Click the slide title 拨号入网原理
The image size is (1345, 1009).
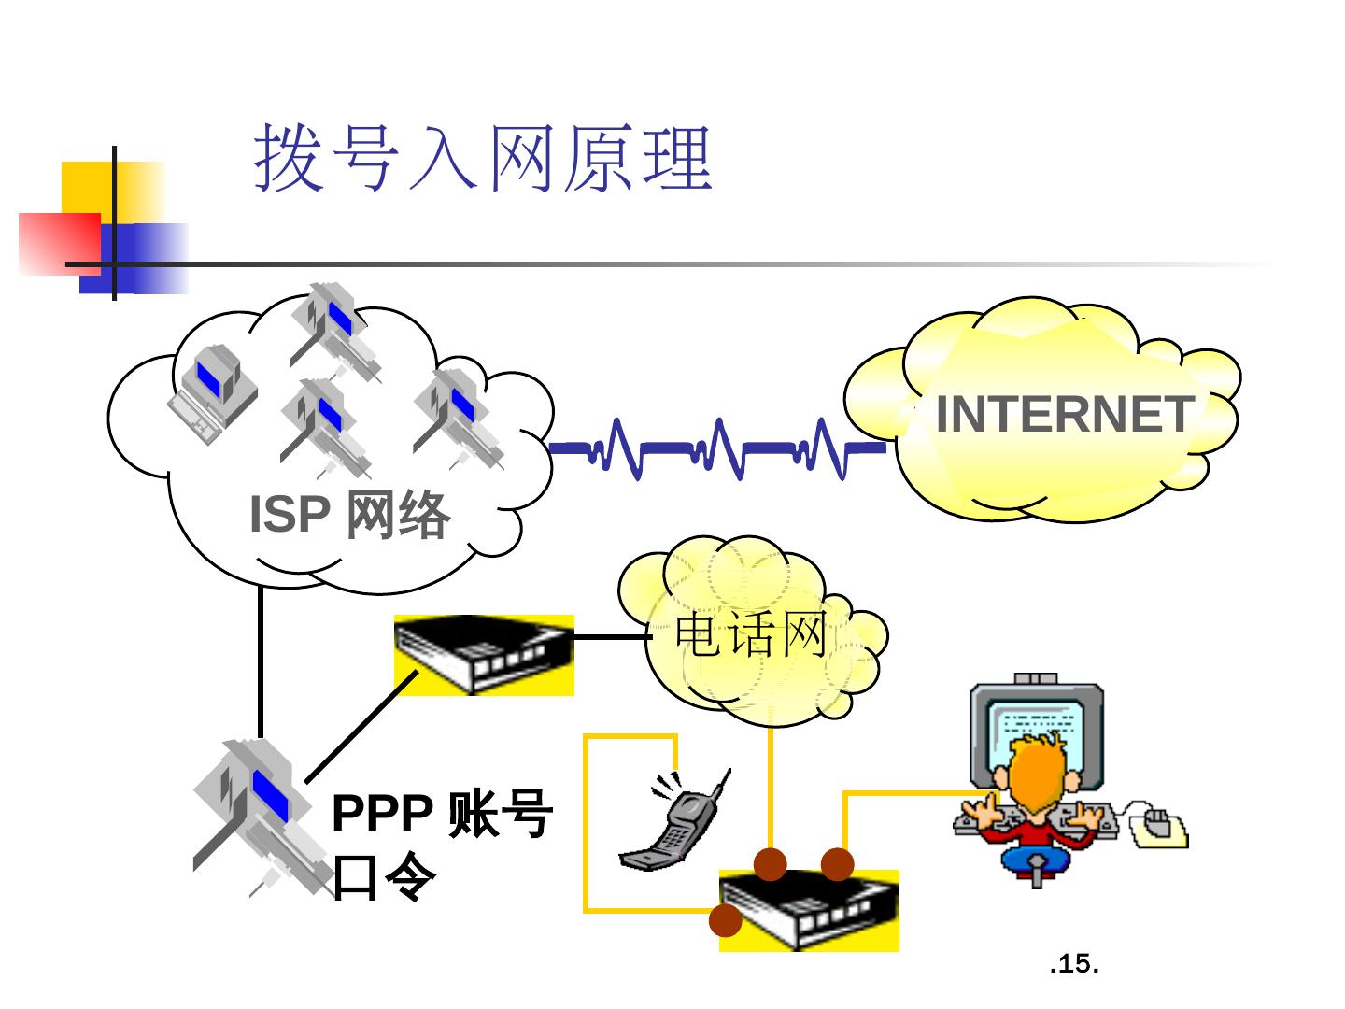pyautogui.click(x=484, y=159)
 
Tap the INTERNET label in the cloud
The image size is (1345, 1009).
pyautogui.click(x=1064, y=414)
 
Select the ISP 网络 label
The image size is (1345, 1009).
pyautogui.click(x=349, y=515)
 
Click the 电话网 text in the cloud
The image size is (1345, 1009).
pyautogui.click(x=751, y=636)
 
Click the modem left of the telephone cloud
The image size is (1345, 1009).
pyautogui.click(x=483, y=654)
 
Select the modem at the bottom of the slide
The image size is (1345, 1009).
pyautogui.click(x=809, y=911)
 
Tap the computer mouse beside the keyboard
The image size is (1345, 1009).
pyautogui.click(x=1157, y=824)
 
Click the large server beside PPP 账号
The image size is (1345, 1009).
pyautogui.click(x=257, y=813)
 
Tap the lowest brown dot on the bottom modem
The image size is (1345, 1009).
pyautogui.click(x=725, y=920)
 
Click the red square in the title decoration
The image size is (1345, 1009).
pyautogui.click(x=58, y=242)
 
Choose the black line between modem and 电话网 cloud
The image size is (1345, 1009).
pyautogui.click(x=612, y=637)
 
